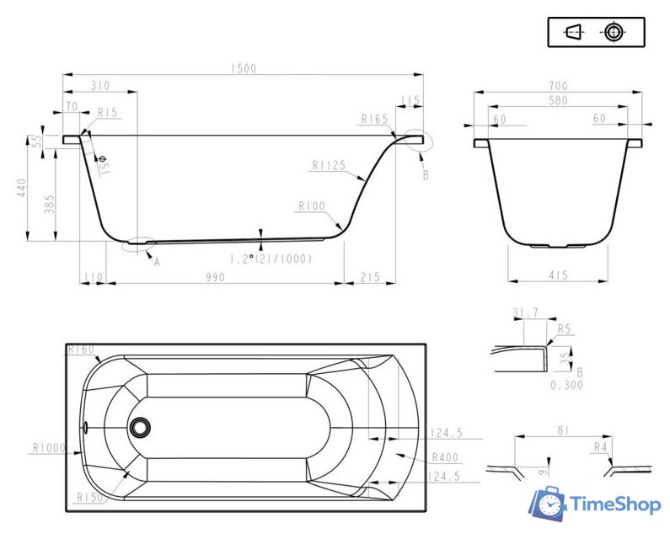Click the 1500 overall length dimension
tap(243, 68)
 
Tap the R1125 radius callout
tap(329, 165)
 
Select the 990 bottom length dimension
tap(215, 278)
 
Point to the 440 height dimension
tap(21, 188)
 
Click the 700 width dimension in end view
tap(558, 86)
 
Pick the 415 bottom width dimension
tap(558, 275)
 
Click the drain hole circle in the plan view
tap(140, 427)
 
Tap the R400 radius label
tap(445, 458)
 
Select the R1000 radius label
tap(49, 448)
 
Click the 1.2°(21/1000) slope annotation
tap(271, 259)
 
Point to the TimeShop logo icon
tap(549, 503)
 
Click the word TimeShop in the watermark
tap(615, 504)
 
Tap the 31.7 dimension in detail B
tap(525, 313)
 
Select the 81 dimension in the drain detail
tap(563, 430)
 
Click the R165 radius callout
tap(374, 119)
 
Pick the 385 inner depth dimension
tap(50, 204)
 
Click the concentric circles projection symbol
tap(614, 32)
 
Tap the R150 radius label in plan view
tap(90, 498)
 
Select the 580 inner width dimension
tap(558, 101)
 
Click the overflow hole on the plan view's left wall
tap(85, 427)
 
